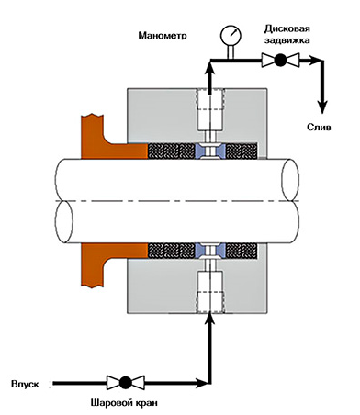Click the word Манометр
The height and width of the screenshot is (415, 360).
click(163, 36)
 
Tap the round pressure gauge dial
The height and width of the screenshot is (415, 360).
click(231, 35)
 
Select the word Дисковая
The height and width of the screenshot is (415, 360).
click(287, 28)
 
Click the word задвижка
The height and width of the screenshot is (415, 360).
click(287, 40)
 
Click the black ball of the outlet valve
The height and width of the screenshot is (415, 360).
click(280, 60)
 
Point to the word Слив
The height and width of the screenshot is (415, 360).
click(319, 128)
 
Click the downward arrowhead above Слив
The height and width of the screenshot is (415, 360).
click(322, 107)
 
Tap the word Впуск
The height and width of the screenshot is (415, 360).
click(25, 384)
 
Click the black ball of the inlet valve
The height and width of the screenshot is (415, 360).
click(125, 382)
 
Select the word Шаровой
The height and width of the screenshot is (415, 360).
click(110, 403)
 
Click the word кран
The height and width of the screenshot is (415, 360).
click(146, 403)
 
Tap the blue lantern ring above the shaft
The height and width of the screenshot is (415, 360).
click(210, 151)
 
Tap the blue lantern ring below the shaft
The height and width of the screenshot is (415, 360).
click(210, 251)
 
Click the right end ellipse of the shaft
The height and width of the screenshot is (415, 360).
click(290, 180)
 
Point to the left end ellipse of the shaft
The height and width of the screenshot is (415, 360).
click(64, 222)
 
